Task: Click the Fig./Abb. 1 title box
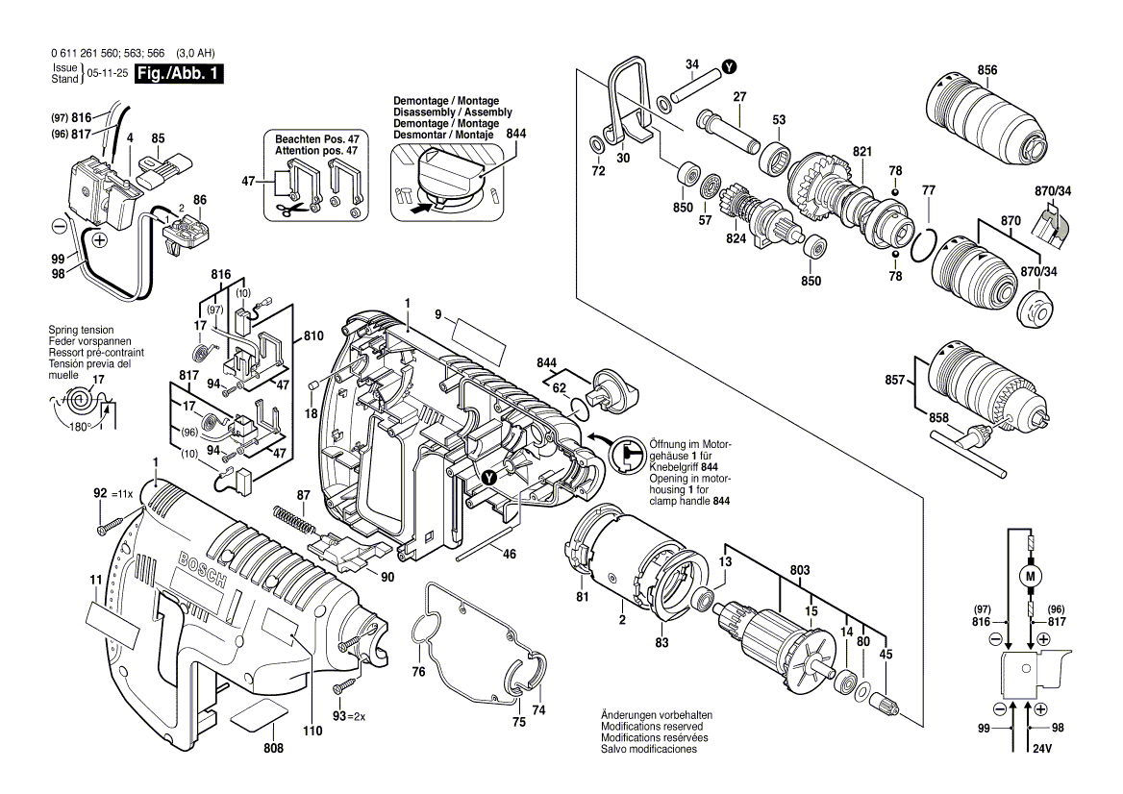(x=181, y=74)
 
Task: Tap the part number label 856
(x=986, y=70)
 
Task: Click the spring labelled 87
(x=294, y=523)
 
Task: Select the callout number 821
(x=861, y=151)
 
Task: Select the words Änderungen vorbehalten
(x=657, y=715)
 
